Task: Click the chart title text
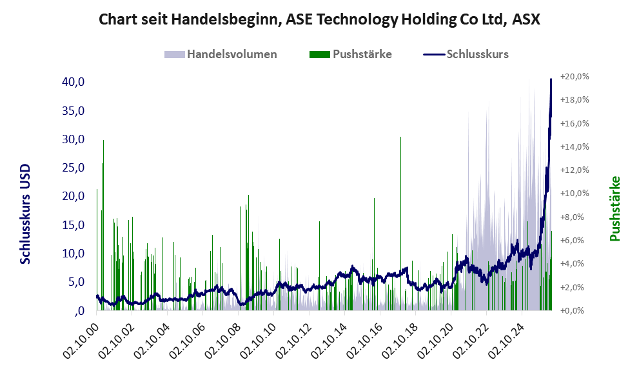coord(320,19)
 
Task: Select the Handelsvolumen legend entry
coord(221,54)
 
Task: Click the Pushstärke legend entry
coord(351,54)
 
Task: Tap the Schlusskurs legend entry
coord(466,54)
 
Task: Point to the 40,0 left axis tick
coord(74,82)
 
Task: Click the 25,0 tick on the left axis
coord(74,168)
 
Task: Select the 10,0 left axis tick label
coord(74,253)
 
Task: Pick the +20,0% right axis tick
coord(575,77)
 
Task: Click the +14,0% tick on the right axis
coord(575,147)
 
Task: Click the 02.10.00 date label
coord(81,341)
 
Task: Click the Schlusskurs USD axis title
coord(25,214)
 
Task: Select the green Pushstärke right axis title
coord(614,208)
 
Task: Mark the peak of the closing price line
coord(551,79)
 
